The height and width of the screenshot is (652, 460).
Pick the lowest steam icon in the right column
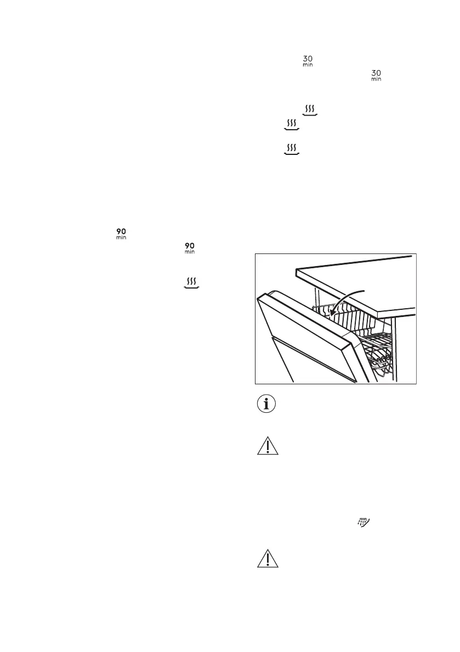tap(292, 149)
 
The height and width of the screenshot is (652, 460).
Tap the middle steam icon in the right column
tap(292, 125)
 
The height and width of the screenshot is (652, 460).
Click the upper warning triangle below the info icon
tap(268, 447)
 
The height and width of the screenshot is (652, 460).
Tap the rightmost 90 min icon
tap(190, 247)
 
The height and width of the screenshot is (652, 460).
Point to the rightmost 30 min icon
tap(376, 76)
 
